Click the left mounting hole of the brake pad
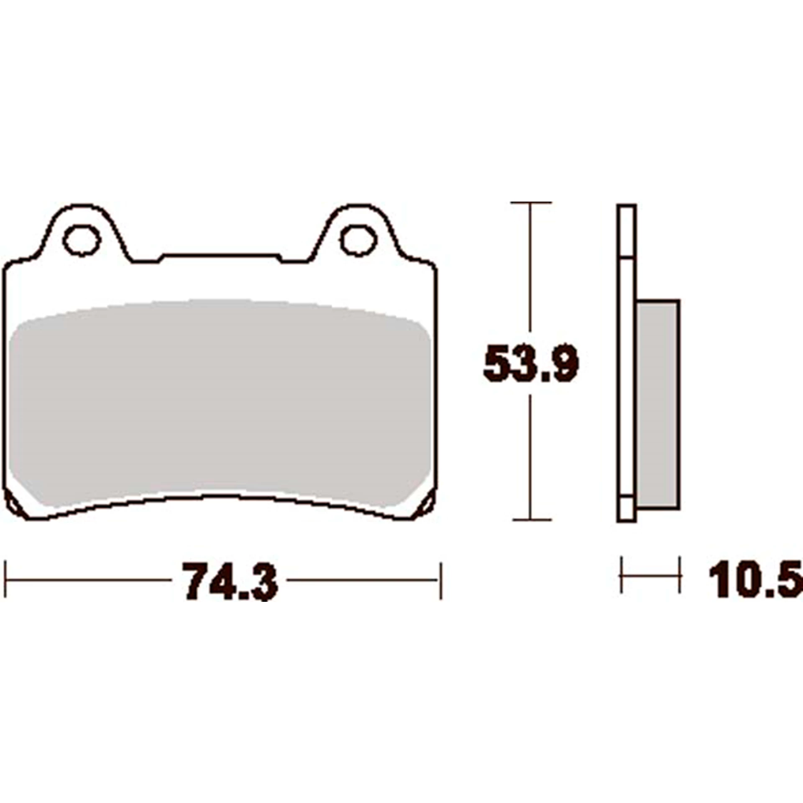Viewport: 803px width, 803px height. click(82, 240)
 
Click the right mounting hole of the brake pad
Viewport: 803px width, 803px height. click(358, 240)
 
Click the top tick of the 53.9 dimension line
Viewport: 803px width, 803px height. click(531, 203)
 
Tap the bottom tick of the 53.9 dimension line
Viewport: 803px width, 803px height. click(531, 520)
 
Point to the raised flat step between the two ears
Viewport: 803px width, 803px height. click(221, 255)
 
